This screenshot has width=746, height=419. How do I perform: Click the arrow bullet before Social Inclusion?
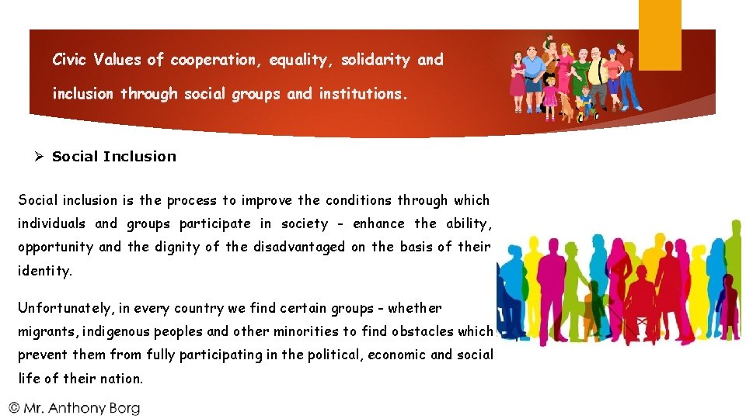point(38,156)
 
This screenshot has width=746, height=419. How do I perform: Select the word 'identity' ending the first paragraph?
point(45,272)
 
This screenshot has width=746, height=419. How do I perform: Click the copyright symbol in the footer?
point(15,407)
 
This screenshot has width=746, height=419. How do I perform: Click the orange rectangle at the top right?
point(660,35)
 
